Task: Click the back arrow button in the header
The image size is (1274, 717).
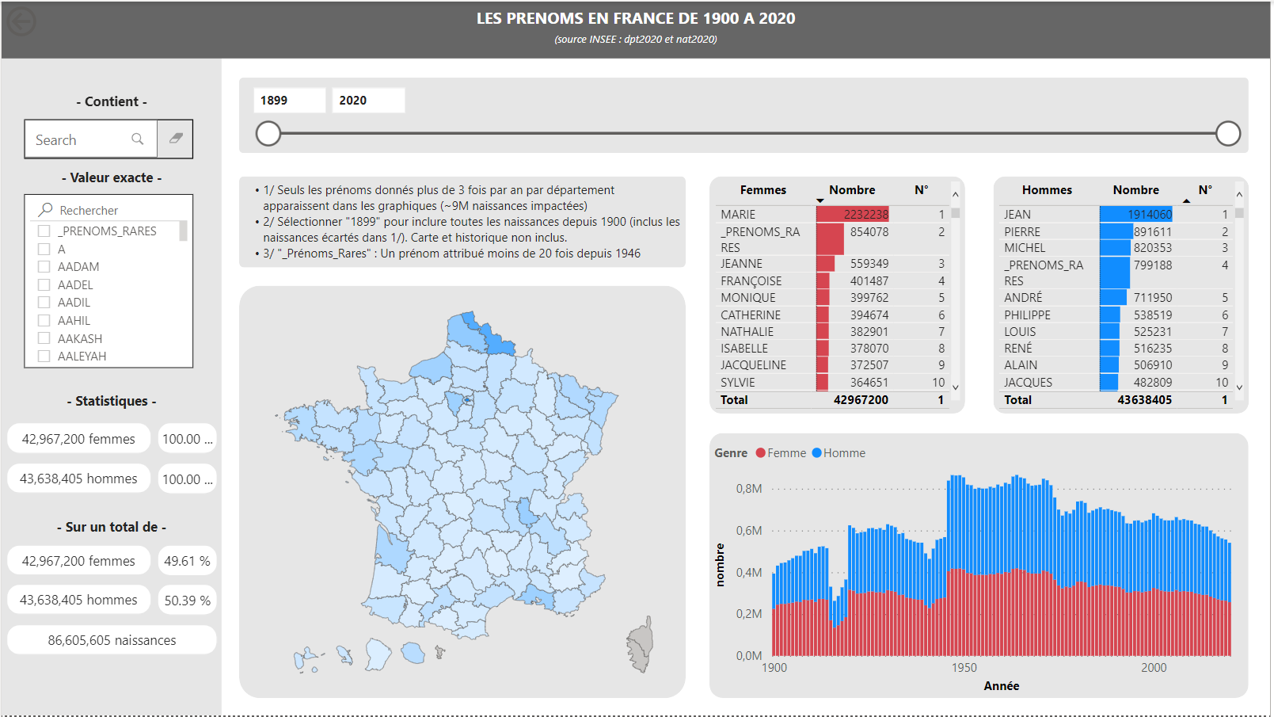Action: (x=21, y=21)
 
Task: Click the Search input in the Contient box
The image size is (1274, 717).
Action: (x=83, y=140)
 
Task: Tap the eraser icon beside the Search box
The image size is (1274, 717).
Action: (x=176, y=139)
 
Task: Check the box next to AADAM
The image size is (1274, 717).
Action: (x=44, y=267)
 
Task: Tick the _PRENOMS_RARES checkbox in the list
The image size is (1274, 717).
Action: (x=44, y=231)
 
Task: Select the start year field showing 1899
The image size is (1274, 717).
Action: (x=289, y=101)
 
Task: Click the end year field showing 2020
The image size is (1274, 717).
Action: (x=368, y=101)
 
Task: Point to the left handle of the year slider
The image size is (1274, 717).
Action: (x=268, y=134)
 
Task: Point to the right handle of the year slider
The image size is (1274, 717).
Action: (x=1227, y=134)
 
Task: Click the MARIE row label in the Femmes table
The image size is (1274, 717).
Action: (x=738, y=215)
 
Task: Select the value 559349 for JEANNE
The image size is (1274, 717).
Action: (x=869, y=264)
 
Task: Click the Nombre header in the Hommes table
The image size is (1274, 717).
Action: (x=1135, y=190)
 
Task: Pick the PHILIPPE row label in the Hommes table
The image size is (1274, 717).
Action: (x=1027, y=315)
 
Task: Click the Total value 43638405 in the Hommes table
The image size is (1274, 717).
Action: (x=1144, y=400)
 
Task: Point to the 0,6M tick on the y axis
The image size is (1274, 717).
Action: (x=748, y=531)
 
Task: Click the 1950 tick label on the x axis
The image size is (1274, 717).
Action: (x=964, y=668)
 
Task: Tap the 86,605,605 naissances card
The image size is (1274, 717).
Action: (x=112, y=640)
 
